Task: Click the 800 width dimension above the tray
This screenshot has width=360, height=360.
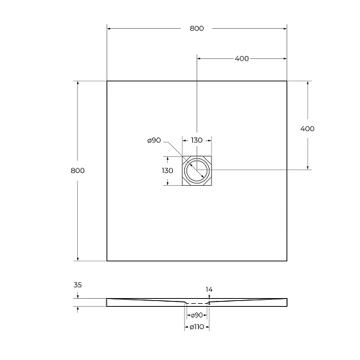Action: [197, 28]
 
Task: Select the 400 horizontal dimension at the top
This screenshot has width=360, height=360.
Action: [241, 58]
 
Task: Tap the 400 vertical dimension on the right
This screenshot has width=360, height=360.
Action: [307, 128]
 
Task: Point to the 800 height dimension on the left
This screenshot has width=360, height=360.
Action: [78, 171]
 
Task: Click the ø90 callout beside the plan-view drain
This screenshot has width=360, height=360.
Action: [153, 140]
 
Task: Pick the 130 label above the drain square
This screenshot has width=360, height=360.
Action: [197, 140]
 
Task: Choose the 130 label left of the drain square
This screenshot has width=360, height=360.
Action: [167, 171]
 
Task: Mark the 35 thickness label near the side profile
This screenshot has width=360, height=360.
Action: [78, 284]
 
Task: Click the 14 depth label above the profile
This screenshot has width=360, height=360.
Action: [209, 289]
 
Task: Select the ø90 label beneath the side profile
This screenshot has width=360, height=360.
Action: [196, 315]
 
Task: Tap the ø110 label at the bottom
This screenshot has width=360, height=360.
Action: [196, 328]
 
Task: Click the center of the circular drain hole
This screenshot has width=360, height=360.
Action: [197, 171]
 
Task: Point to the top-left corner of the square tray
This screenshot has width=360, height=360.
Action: [107, 81]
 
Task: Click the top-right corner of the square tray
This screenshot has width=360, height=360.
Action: [287, 81]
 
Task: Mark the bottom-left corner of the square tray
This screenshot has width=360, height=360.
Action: [107, 261]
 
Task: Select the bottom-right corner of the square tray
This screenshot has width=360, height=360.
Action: [287, 261]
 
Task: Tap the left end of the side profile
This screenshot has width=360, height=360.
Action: [108, 302]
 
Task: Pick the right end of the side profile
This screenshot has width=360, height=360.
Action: [286, 302]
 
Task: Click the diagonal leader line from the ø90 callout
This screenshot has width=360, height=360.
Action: [175, 151]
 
